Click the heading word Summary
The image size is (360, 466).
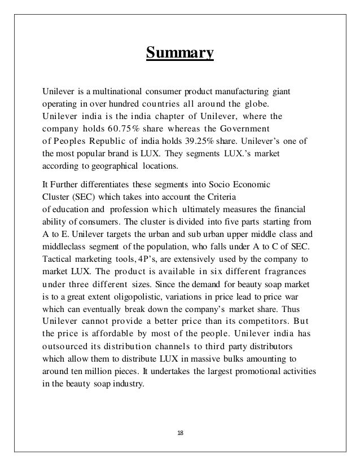[180, 54]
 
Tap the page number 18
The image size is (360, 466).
[180, 433]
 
